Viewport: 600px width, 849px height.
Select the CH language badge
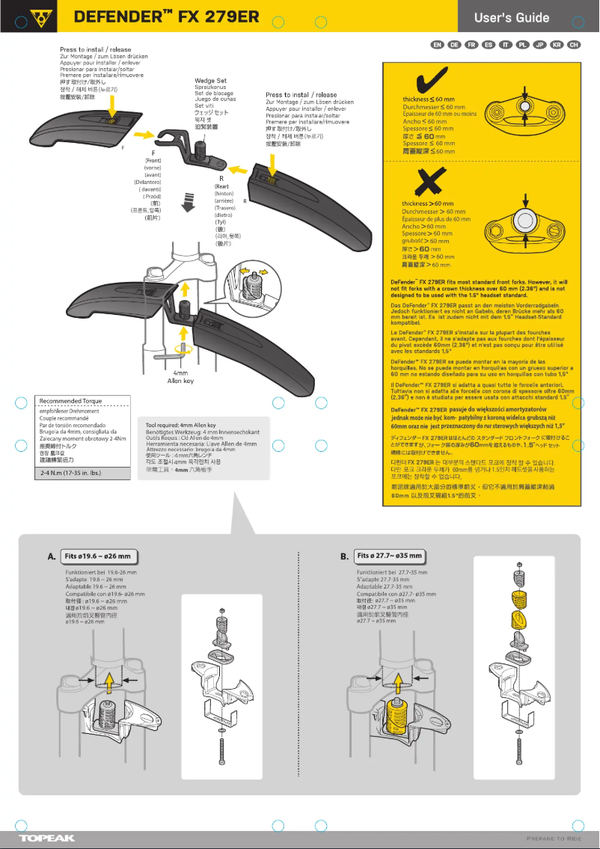tap(575, 46)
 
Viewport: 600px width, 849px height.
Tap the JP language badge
tap(540, 46)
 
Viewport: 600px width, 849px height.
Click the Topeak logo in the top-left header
tap(37, 16)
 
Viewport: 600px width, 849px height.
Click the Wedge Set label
tap(210, 80)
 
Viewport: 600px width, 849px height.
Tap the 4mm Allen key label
tap(180, 376)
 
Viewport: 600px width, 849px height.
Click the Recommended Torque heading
tap(71, 401)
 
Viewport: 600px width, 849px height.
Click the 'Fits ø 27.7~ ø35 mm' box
tap(390, 557)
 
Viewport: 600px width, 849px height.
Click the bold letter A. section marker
tap(52, 557)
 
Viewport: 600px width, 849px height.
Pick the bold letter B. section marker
tap(344, 557)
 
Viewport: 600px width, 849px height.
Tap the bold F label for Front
tap(153, 153)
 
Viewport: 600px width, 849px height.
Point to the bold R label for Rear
tap(222, 179)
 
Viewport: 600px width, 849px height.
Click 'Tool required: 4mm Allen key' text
tap(180, 425)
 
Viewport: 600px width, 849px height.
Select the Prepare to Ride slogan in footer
tap(554, 838)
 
